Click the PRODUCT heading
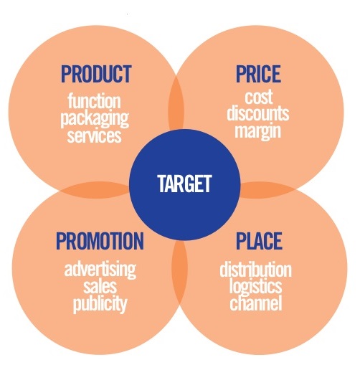point(96,74)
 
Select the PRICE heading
point(258,74)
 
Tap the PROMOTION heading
point(100,241)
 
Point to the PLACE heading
point(259,241)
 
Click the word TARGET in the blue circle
point(184,184)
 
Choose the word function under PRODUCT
point(94,101)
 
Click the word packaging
point(95,119)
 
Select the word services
point(94,136)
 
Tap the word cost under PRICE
point(258,97)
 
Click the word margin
point(257,131)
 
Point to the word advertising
point(100,270)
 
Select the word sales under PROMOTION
point(100,286)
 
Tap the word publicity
point(100,304)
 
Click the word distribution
point(255,269)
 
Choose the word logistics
point(255,286)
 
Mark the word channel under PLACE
point(256,303)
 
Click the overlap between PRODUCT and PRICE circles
point(176,103)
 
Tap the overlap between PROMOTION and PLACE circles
point(179,272)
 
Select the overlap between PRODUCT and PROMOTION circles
point(95,190)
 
